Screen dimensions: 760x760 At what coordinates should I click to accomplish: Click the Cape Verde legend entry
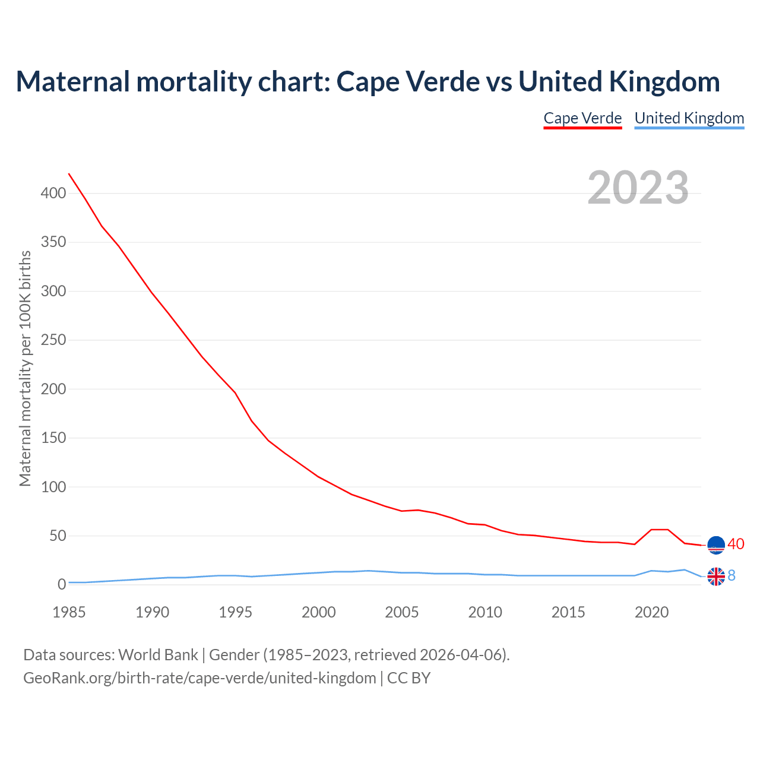coord(582,118)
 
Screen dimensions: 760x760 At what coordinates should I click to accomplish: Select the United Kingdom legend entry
coord(689,118)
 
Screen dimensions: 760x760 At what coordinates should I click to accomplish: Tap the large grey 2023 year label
coord(638,188)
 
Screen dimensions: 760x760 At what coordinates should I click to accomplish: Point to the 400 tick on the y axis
coord(53,194)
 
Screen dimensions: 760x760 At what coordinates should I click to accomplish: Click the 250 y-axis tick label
coord(53,340)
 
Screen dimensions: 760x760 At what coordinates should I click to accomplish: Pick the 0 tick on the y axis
coord(62,585)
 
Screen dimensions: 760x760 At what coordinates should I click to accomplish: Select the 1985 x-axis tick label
coord(69,612)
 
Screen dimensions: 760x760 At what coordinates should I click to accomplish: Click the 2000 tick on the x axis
coord(319,612)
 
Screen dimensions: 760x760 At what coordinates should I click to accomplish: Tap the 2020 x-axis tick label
coord(651,612)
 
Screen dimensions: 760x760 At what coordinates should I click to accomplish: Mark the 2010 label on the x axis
coord(485,612)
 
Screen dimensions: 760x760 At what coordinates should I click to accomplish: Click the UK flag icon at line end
coord(716,576)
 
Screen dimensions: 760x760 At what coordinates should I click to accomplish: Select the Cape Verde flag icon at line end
coord(716,544)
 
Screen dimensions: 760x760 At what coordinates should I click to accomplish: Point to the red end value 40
coord(736,544)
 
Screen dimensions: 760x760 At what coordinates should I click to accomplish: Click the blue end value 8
coord(731,575)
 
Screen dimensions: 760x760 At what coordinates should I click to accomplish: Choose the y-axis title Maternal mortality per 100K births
coord(25,368)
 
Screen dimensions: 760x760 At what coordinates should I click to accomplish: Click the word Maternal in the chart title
coord(72,82)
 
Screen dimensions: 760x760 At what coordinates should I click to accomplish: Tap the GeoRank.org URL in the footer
coord(199,677)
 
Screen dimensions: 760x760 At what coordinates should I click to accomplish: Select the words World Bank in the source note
coord(158,655)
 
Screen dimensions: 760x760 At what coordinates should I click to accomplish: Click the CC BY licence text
coord(408,677)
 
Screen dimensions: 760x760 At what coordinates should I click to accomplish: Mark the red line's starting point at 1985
coord(69,173)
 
